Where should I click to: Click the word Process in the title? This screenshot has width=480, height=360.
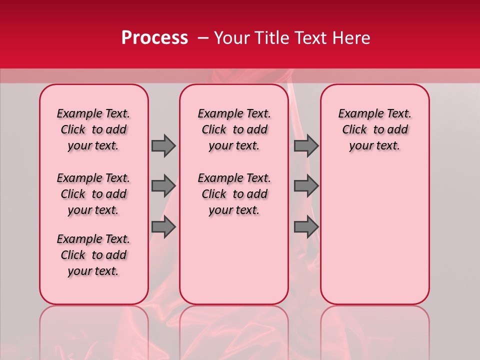(154, 37)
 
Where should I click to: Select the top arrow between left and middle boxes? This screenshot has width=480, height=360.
(163, 145)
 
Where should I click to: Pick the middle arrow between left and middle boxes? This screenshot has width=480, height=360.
(163, 186)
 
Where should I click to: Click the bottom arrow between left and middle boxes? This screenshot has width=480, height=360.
(163, 227)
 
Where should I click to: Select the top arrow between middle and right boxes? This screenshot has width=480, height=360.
(306, 145)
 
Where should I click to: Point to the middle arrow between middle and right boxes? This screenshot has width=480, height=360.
(306, 186)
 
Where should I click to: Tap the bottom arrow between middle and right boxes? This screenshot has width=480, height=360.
(306, 227)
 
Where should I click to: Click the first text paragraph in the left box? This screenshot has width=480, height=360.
(93, 129)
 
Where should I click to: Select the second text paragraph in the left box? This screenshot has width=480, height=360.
(93, 194)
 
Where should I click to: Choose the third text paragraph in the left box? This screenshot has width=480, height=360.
(93, 255)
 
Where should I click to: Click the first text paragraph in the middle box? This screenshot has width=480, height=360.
(234, 129)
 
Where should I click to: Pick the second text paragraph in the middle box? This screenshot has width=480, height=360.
(234, 194)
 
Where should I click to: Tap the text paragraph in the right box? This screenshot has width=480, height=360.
(374, 129)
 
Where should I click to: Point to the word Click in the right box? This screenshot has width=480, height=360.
(354, 129)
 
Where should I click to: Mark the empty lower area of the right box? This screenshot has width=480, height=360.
(374, 230)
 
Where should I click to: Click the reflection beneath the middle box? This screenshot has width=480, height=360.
(234, 330)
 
